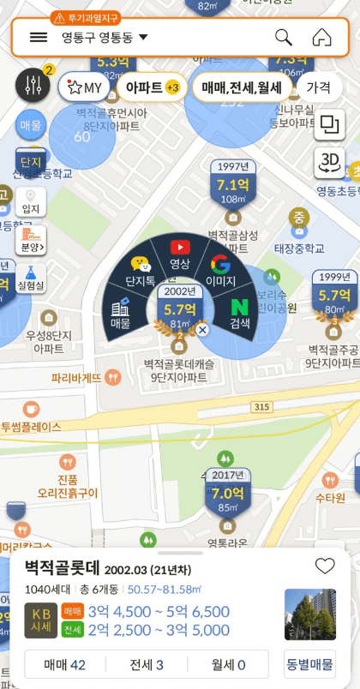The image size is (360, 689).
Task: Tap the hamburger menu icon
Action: click(39, 37)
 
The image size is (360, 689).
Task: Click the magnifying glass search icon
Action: click(283, 38)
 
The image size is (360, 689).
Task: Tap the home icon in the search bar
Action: click(321, 38)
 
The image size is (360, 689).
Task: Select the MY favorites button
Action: click(84, 87)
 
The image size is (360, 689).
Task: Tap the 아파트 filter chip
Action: click(151, 87)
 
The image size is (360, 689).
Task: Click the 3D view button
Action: click(328, 163)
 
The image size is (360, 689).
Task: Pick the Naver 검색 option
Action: click(239, 314)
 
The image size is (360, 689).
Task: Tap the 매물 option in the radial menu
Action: click(120, 314)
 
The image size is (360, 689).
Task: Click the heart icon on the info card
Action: click(324, 566)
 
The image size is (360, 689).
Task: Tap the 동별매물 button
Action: click(309, 664)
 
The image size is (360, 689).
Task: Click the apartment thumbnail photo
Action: click(309, 614)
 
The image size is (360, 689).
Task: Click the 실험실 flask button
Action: click(30, 275)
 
